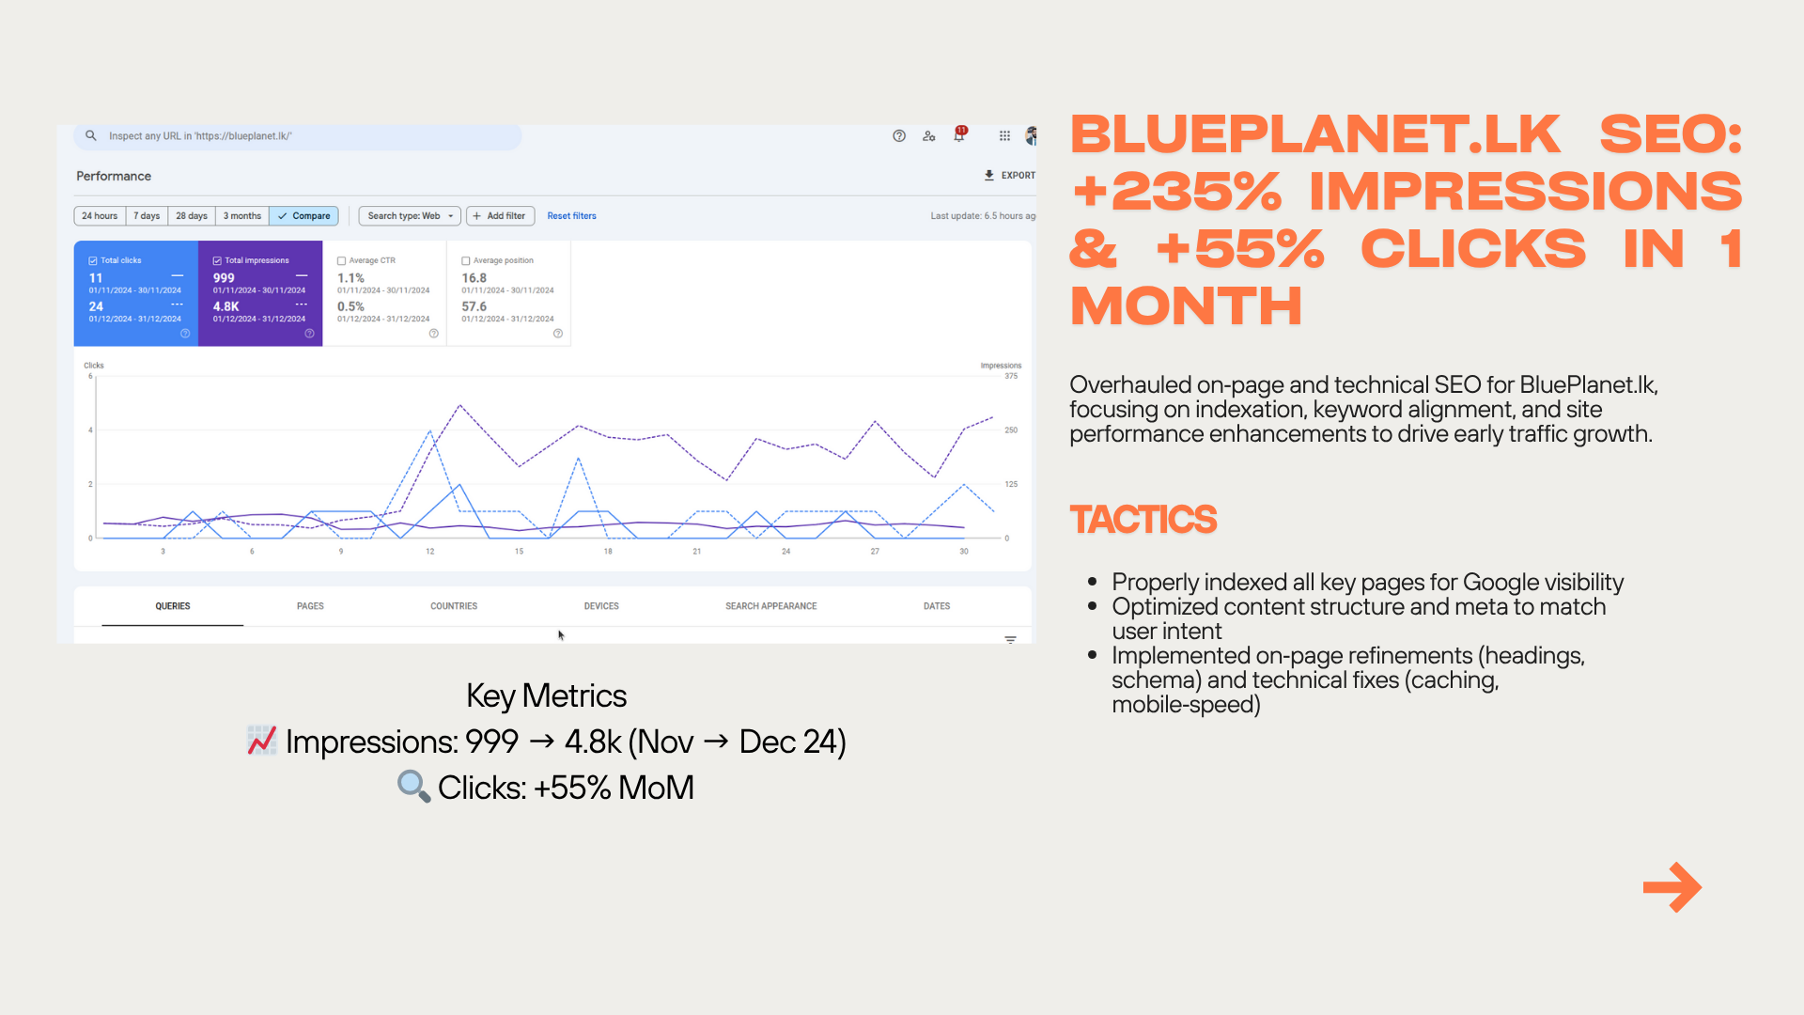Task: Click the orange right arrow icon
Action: pos(1672,887)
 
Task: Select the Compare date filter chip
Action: pos(303,216)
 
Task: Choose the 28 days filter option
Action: pos(192,216)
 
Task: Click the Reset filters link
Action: pos(571,216)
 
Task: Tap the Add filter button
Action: pos(500,216)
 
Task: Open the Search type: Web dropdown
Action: pos(410,216)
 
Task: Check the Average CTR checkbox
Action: pos(342,261)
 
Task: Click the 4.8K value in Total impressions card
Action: pos(226,306)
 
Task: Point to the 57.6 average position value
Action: pos(474,306)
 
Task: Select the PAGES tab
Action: pos(310,606)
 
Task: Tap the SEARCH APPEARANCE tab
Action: pos(770,606)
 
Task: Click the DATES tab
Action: pos(937,606)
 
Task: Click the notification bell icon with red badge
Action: pos(959,135)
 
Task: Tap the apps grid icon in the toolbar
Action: pos(1004,136)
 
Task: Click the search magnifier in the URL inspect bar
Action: pos(91,136)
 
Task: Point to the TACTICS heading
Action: pos(1143,520)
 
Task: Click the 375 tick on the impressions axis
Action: pos(1011,376)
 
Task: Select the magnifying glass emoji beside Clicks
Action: pos(413,786)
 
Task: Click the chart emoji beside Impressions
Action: pos(261,741)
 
